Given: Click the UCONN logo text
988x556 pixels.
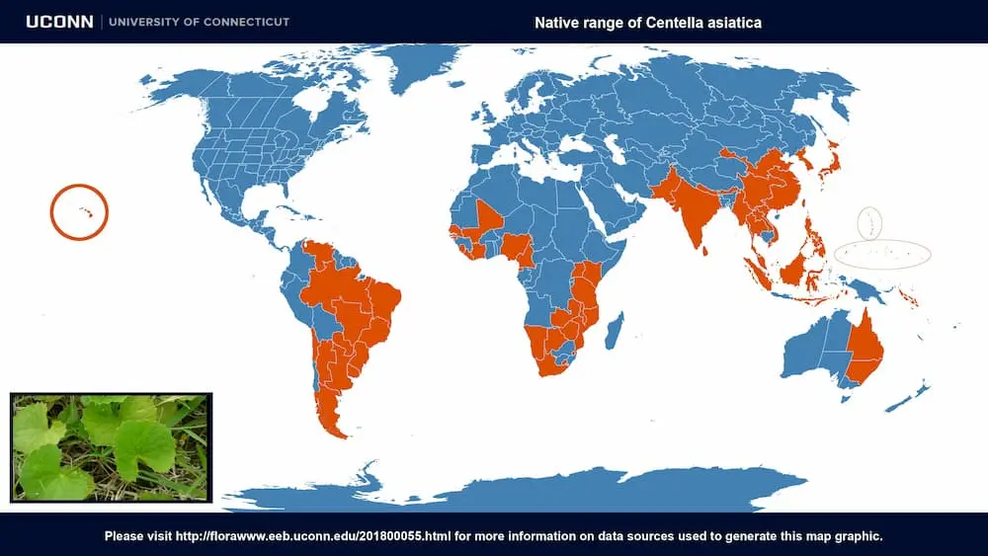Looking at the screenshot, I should [x=59, y=22].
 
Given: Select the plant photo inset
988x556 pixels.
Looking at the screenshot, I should [x=111, y=447].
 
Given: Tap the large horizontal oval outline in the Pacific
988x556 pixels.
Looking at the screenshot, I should [x=882, y=254].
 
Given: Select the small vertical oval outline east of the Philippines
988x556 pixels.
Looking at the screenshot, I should [x=869, y=222].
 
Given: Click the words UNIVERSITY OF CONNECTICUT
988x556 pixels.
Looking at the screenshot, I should [x=199, y=22].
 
